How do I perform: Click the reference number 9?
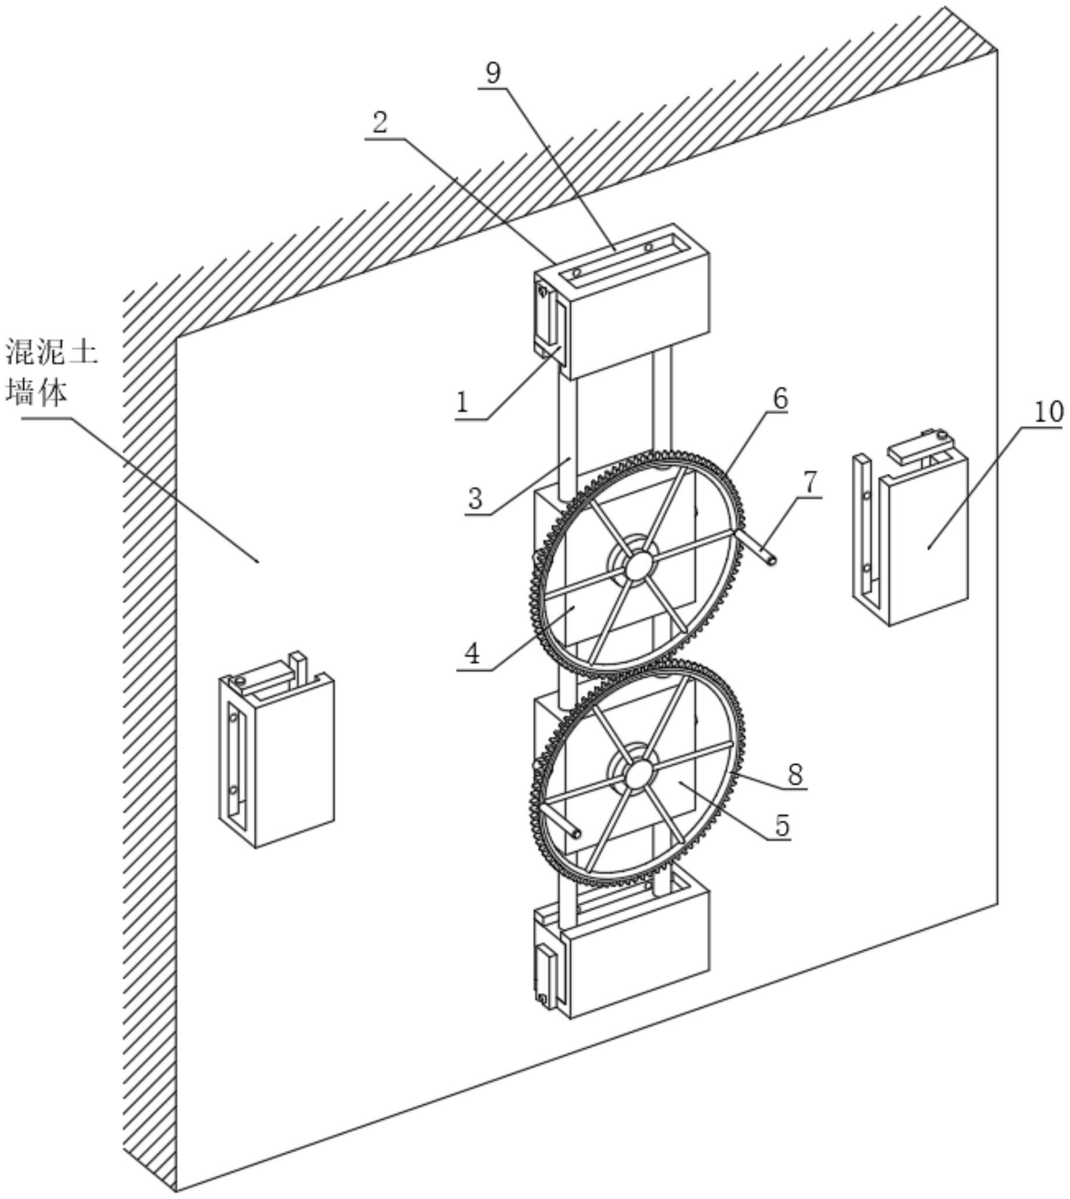click(493, 74)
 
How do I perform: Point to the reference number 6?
click(779, 399)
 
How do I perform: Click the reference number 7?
click(809, 483)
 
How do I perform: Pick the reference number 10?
click(1049, 412)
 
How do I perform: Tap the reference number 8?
click(795, 775)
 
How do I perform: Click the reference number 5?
click(781, 826)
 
